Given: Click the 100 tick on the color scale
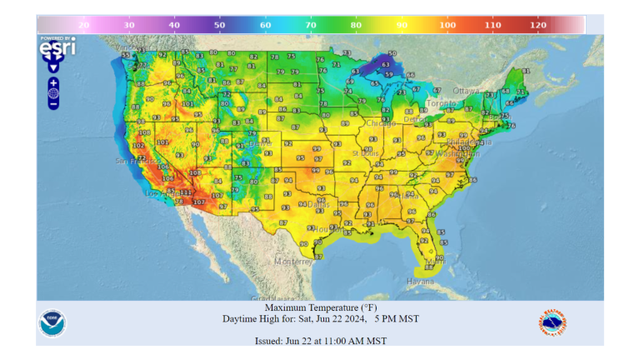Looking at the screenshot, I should point(447,26).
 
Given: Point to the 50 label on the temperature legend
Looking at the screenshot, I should point(219,26).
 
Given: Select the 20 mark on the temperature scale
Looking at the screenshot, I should point(83,26).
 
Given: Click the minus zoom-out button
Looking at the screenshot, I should point(53,104).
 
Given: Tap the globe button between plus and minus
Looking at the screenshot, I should point(53,93).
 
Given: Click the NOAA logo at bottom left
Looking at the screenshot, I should point(52,323).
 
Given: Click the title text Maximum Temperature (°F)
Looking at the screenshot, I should point(320,307).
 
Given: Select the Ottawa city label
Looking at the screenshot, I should point(467,90).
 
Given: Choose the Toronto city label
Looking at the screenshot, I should point(442,104).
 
